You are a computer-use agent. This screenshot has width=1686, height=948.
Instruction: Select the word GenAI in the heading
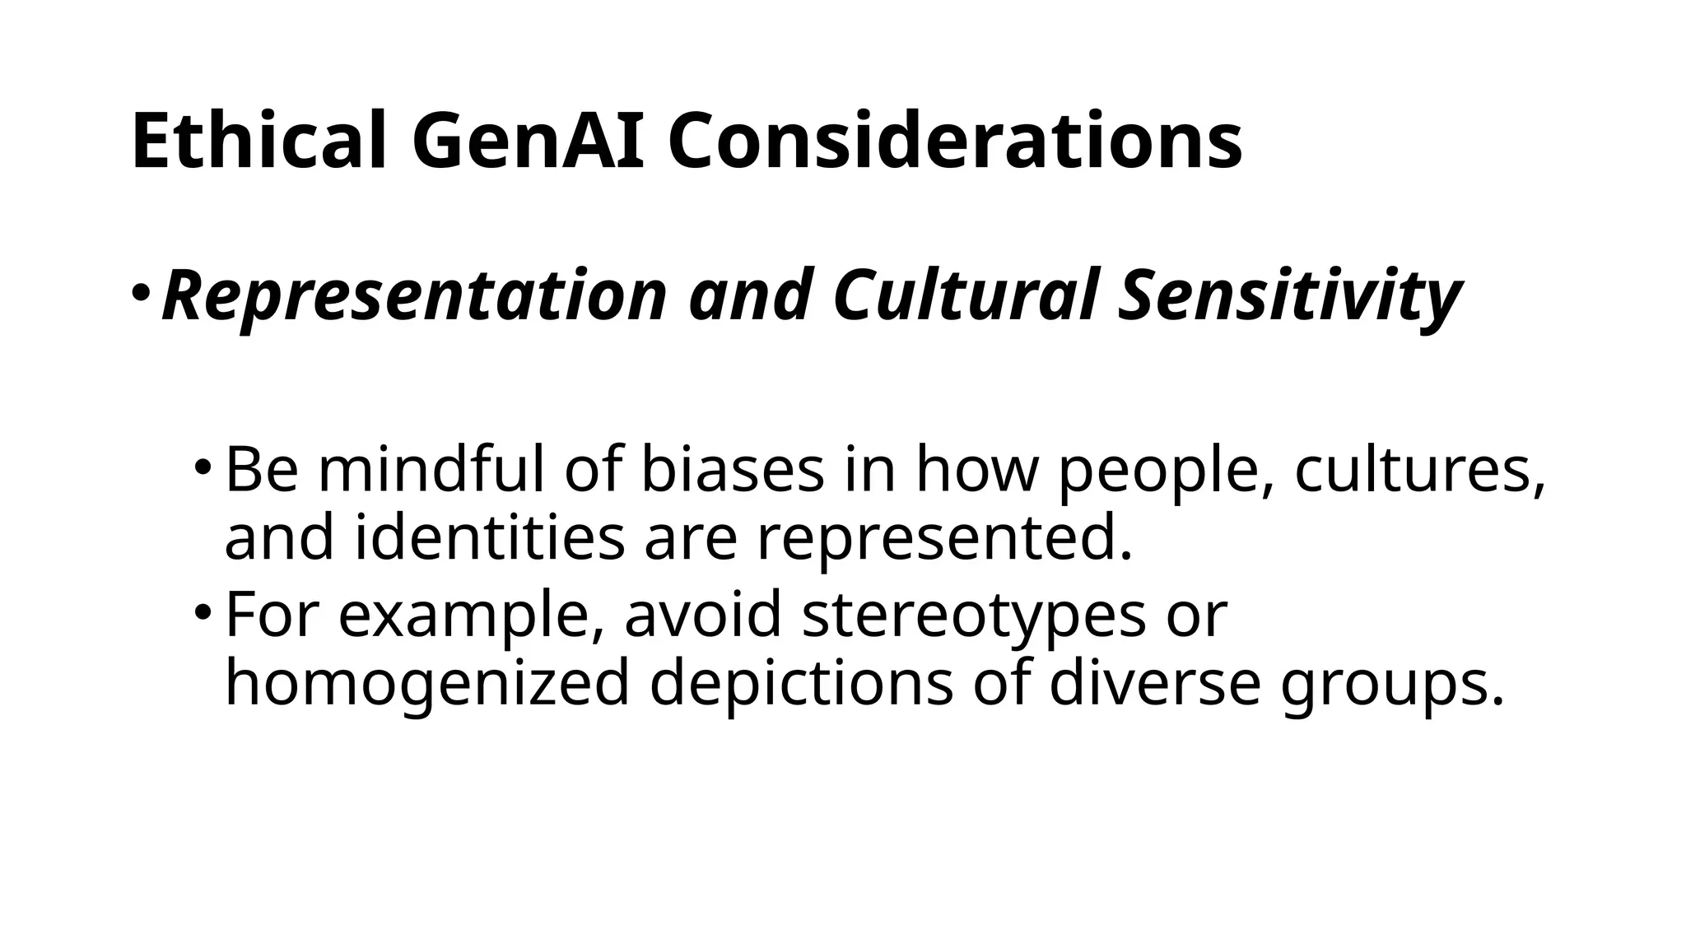click(527, 141)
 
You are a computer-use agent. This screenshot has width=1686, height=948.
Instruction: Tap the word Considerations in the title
click(955, 141)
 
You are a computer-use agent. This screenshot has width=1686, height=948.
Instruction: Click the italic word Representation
click(414, 296)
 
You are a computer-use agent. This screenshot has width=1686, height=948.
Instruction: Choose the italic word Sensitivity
click(1289, 296)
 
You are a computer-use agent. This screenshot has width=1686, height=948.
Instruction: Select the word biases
click(733, 470)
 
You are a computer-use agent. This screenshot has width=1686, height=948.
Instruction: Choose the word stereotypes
click(973, 615)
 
